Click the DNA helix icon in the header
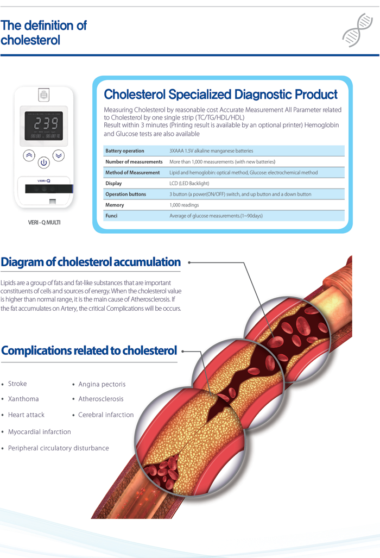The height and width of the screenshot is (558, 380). pyautogui.click(x=358, y=31)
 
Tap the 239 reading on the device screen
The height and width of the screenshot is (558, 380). pyautogui.click(x=43, y=123)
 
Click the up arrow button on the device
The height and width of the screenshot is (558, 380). pyautogui.click(x=29, y=155)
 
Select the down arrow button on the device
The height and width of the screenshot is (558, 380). pyautogui.click(x=59, y=155)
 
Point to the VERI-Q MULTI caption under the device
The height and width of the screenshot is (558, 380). pyautogui.click(x=44, y=222)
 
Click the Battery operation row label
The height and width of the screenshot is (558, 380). pyautogui.click(x=125, y=151)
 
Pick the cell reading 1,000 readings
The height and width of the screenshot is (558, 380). pyautogui.click(x=184, y=205)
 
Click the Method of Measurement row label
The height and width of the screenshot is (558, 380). pyautogui.click(x=132, y=173)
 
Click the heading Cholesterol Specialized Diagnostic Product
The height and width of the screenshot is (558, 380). pyautogui.click(x=220, y=95)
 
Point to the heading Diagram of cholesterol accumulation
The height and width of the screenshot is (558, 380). pyautogui.click(x=91, y=262)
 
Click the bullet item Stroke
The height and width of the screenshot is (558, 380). pyautogui.click(x=17, y=384)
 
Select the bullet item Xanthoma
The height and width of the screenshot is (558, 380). pyautogui.click(x=23, y=399)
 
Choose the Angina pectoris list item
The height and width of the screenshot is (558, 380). pyautogui.click(x=102, y=384)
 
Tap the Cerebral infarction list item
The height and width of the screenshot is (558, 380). pyautogui.click(x=106, y=415)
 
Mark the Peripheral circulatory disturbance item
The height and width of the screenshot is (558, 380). pyautogui.click(x=58, y=448)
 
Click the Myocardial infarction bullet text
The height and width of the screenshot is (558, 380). pyautogui.click(x=39, y=432)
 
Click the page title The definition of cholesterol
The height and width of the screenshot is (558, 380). pyautogui.click(x=43, y=33)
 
